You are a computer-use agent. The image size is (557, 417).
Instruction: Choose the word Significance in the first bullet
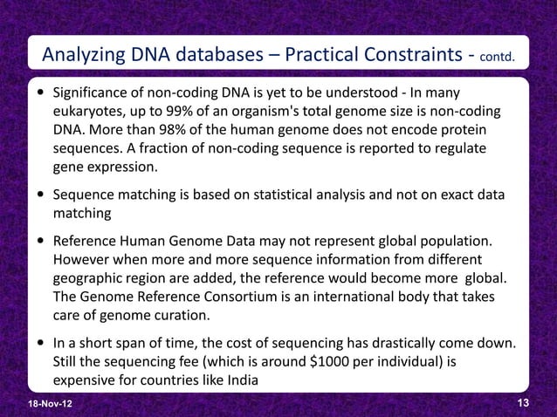pos(93,92)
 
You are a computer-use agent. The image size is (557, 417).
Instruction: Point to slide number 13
pos(524,401)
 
